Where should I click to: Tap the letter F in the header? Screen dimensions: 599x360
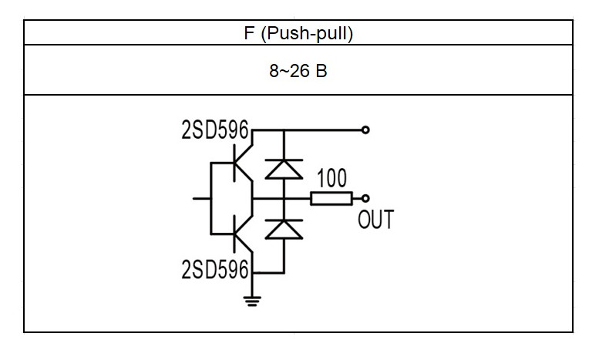tap(249, 33)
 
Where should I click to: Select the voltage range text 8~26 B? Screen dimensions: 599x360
tap(298, 71)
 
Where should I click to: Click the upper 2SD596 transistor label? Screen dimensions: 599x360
tap(215, 130)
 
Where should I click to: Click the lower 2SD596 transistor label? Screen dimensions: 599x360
tap(215, 269)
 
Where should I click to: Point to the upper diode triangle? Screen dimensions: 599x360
tap(284, 170)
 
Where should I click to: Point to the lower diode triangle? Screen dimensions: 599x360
tap(284, 230)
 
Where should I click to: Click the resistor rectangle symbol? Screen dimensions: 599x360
tap(331, 199)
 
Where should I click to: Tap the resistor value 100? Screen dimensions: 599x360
tap(332, 178)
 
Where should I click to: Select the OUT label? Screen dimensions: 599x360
tap(375, 220)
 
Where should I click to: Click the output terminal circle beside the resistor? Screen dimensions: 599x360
tap(365, 198)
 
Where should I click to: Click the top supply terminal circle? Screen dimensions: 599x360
tap(365, 130)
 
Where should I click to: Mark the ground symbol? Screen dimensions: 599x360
tap(252, 301)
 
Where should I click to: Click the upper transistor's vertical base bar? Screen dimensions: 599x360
tap(234, 163)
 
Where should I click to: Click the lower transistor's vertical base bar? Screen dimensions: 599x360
tap(234, 234)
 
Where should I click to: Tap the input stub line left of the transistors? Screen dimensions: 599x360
tap(202, 198)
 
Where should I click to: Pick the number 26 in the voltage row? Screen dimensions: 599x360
tap(299, 71)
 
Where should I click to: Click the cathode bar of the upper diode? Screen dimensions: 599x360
tap(284, 160)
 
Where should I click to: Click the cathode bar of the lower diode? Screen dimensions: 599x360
tap(284, 220)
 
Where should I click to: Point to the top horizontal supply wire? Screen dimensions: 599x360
tap(307, 130)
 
